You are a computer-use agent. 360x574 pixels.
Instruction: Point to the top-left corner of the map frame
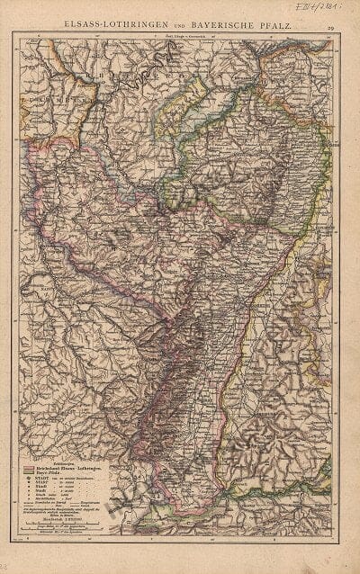pos(19,37)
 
